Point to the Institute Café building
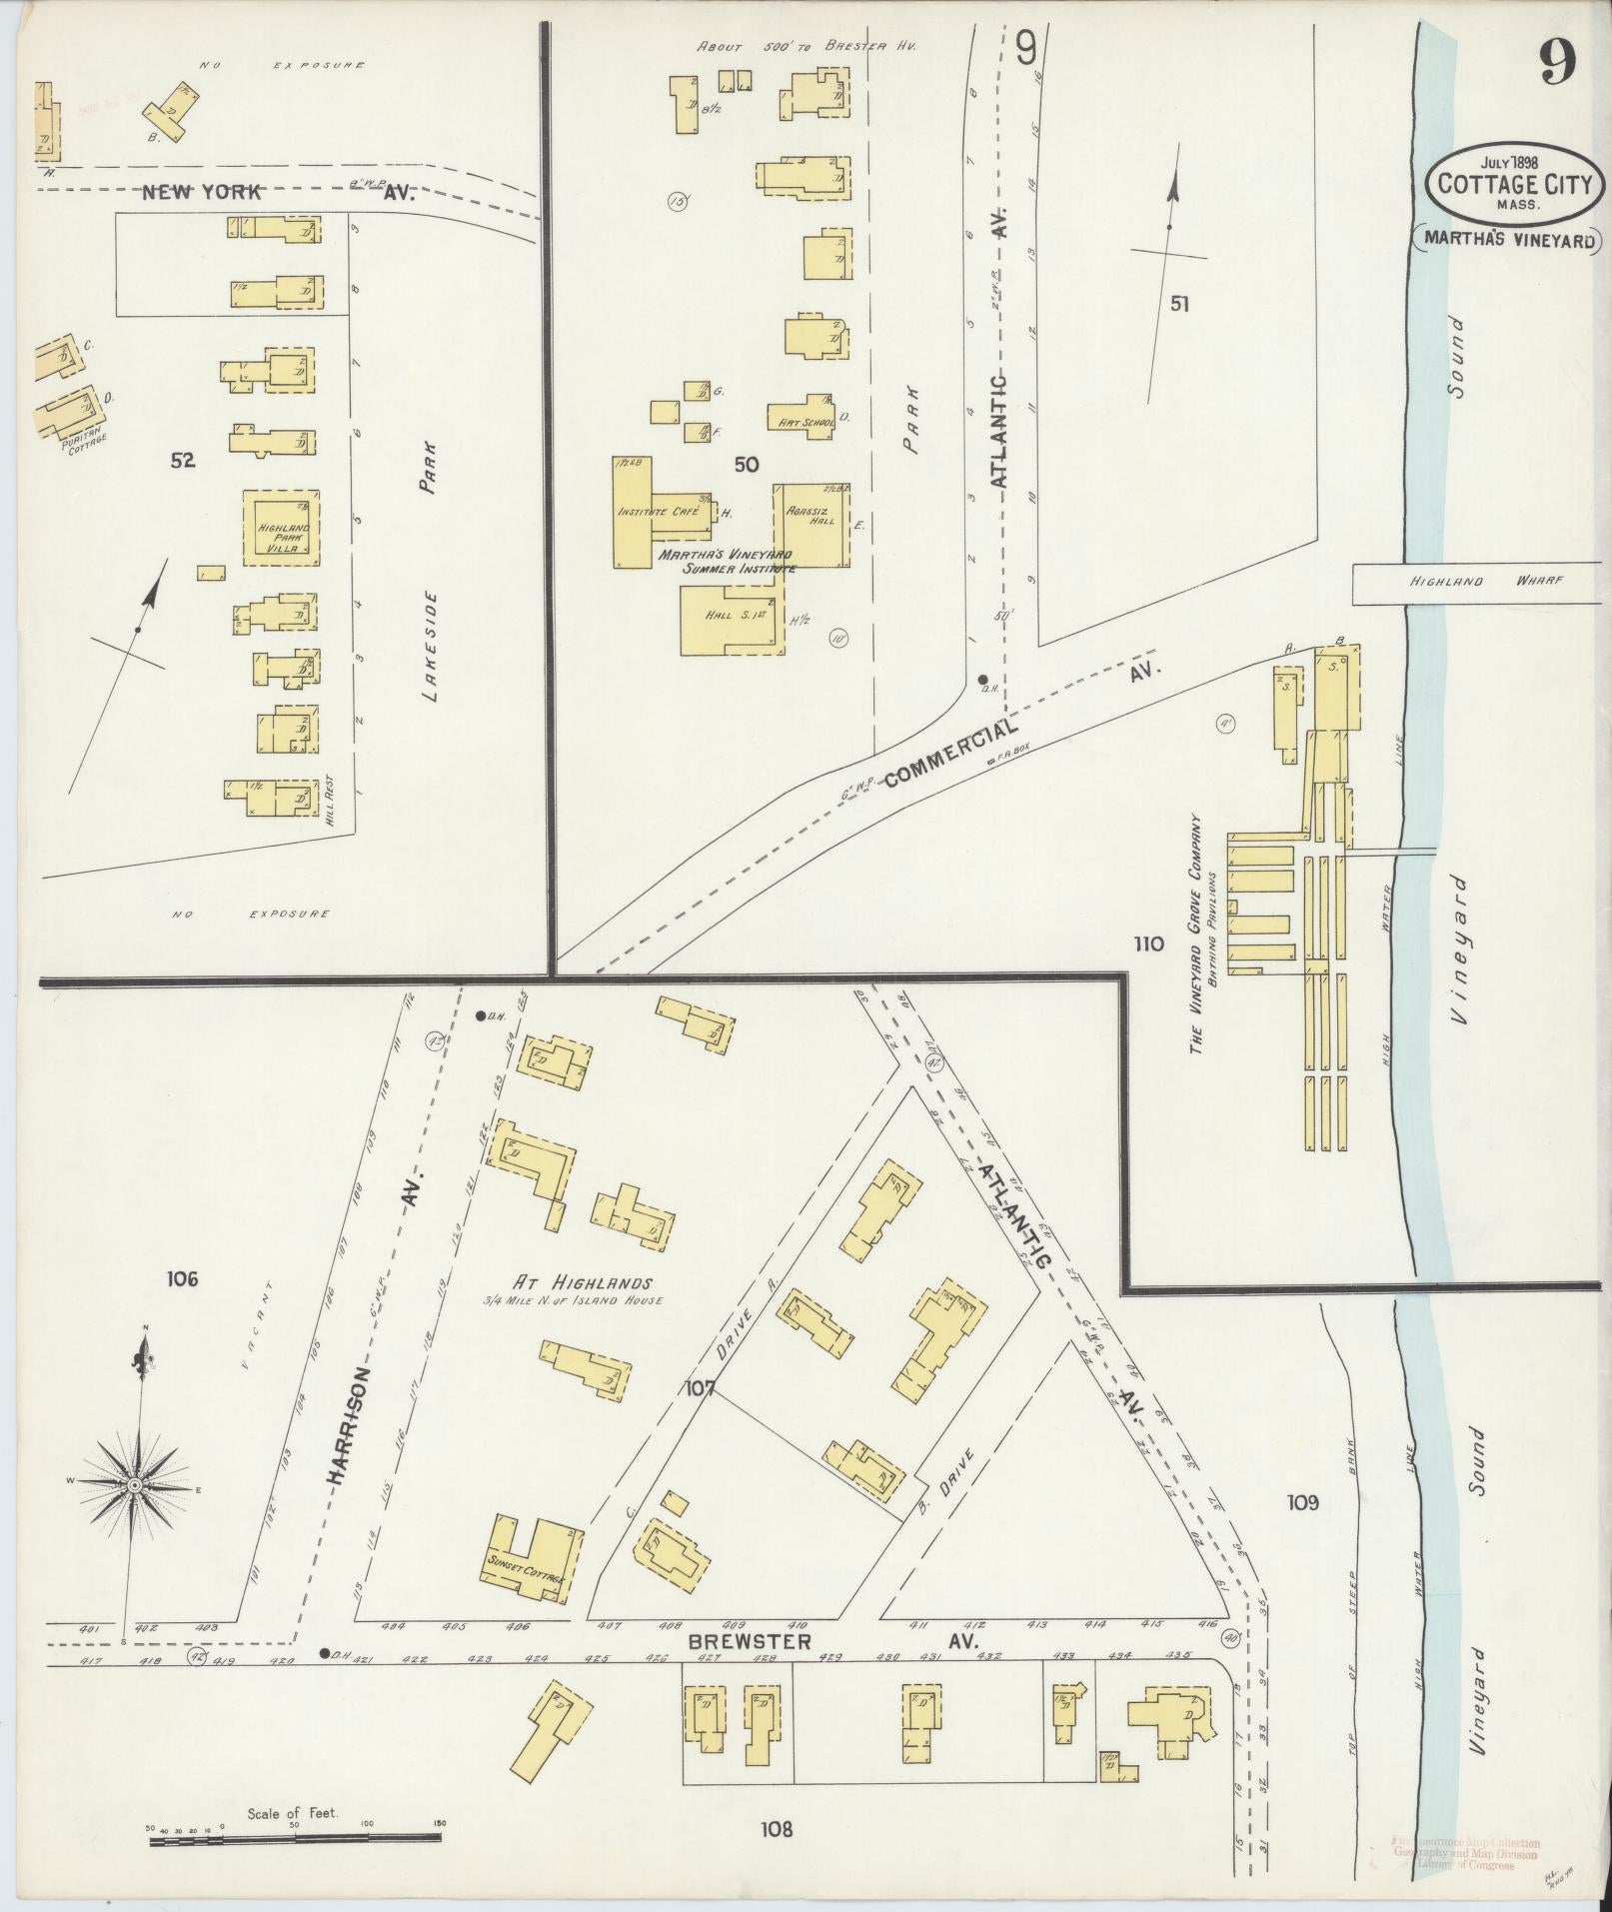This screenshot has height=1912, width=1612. tap(656, 512)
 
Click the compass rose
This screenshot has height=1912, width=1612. tap(133, 1487)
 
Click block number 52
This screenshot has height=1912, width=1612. tap(182, 461)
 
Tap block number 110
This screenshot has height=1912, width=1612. tap(1148, 943)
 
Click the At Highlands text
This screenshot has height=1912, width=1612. tap(584, 1283)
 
